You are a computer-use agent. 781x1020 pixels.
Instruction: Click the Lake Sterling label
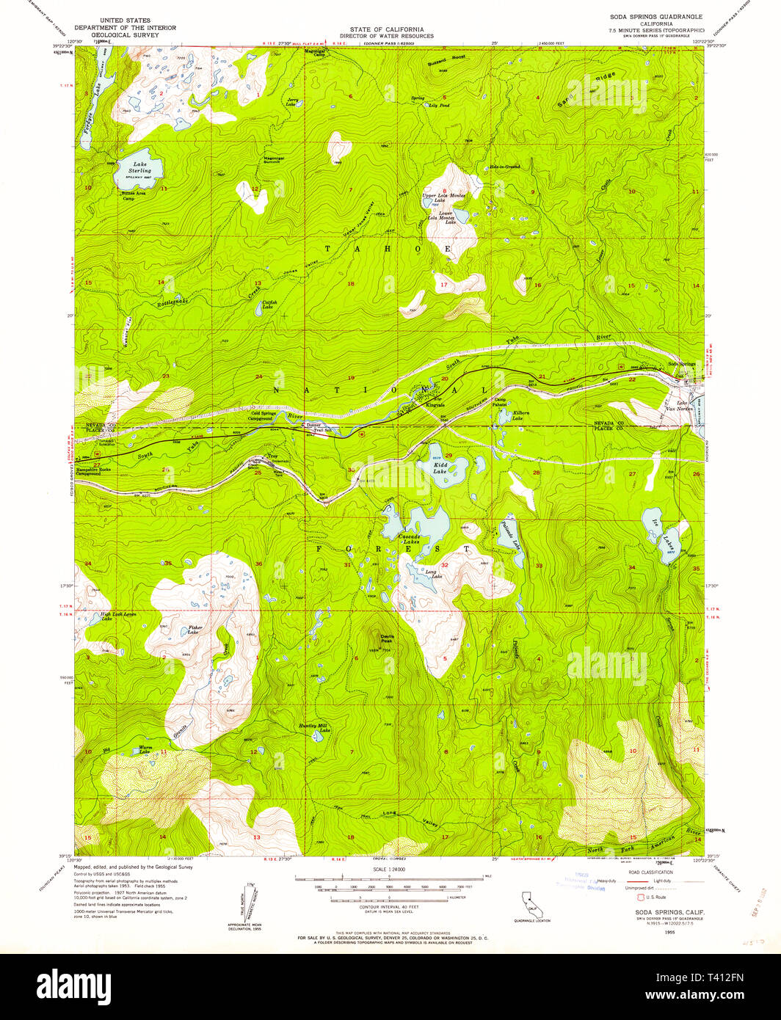[x=139, y=167]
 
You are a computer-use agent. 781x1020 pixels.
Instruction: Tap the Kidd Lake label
[x=440, y=467]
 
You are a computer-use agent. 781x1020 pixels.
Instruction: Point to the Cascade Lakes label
[x=409, y=540]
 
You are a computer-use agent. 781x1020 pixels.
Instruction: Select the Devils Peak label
[x=386, y=638]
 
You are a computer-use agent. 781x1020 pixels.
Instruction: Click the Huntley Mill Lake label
[x=315, y=727]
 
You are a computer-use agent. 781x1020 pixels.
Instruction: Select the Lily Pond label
[x=439, y=106]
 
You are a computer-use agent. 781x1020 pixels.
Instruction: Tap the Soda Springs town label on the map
[x=682, y=365]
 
